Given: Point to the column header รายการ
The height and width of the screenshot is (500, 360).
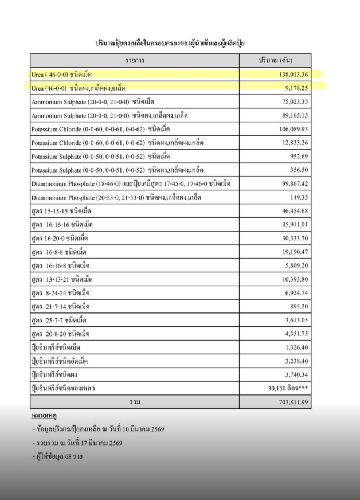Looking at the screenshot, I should pyautogui.click(x=135, y=60).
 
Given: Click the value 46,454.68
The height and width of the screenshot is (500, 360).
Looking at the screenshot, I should pyautogui.click(x=292, y=211).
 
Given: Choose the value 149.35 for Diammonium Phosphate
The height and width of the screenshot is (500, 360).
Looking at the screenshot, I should pyautogui.click(x=298, y=197).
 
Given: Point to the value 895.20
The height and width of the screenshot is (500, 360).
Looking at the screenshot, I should pyautogui.click(x=298, y=306).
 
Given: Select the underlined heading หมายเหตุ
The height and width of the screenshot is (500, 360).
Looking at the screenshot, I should pyautogui.click(x=44, y=415).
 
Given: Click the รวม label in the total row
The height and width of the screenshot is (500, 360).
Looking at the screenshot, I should pyautogui.click(x=135, y=402).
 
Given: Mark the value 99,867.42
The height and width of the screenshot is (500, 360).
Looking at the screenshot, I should pyautogui.click(x=292, y=183).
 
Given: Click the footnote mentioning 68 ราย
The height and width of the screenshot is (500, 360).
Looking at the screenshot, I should pyautogui.click(x=60, y=456).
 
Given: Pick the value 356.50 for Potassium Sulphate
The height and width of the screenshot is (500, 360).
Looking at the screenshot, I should pyautogui.click(x=298, y=170).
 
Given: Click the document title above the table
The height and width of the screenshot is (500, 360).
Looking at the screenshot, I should pyautogui.click(x=174, y=42).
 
